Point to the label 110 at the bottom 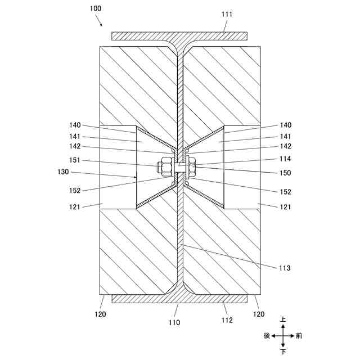coord(174,323)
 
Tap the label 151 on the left coord(75,160)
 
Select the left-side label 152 coord(75,191)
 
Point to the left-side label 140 coord(75,125)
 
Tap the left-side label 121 coord(75,208)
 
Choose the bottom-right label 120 coord(259,314)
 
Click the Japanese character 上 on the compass coord(283,319)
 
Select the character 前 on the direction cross coord(299,336)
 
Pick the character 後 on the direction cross coord(267,336)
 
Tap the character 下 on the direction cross coord(283,352)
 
